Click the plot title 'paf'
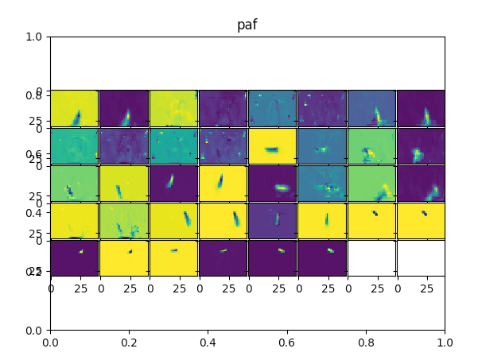pos(247,25)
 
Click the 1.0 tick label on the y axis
pos(33,37)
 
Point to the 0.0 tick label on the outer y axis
pos(33,330)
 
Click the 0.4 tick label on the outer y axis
pos(33,213)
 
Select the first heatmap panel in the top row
pos(74,108)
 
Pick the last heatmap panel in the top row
pos(421,108)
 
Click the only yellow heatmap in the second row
pos(272,145)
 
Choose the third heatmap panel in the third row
pos(173,183)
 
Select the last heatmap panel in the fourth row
pos(421,220)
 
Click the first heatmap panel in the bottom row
pos(74,257)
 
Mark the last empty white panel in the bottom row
pos(421,257)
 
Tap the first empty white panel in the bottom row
pos(371,257)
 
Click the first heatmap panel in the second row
pos(74,145)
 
